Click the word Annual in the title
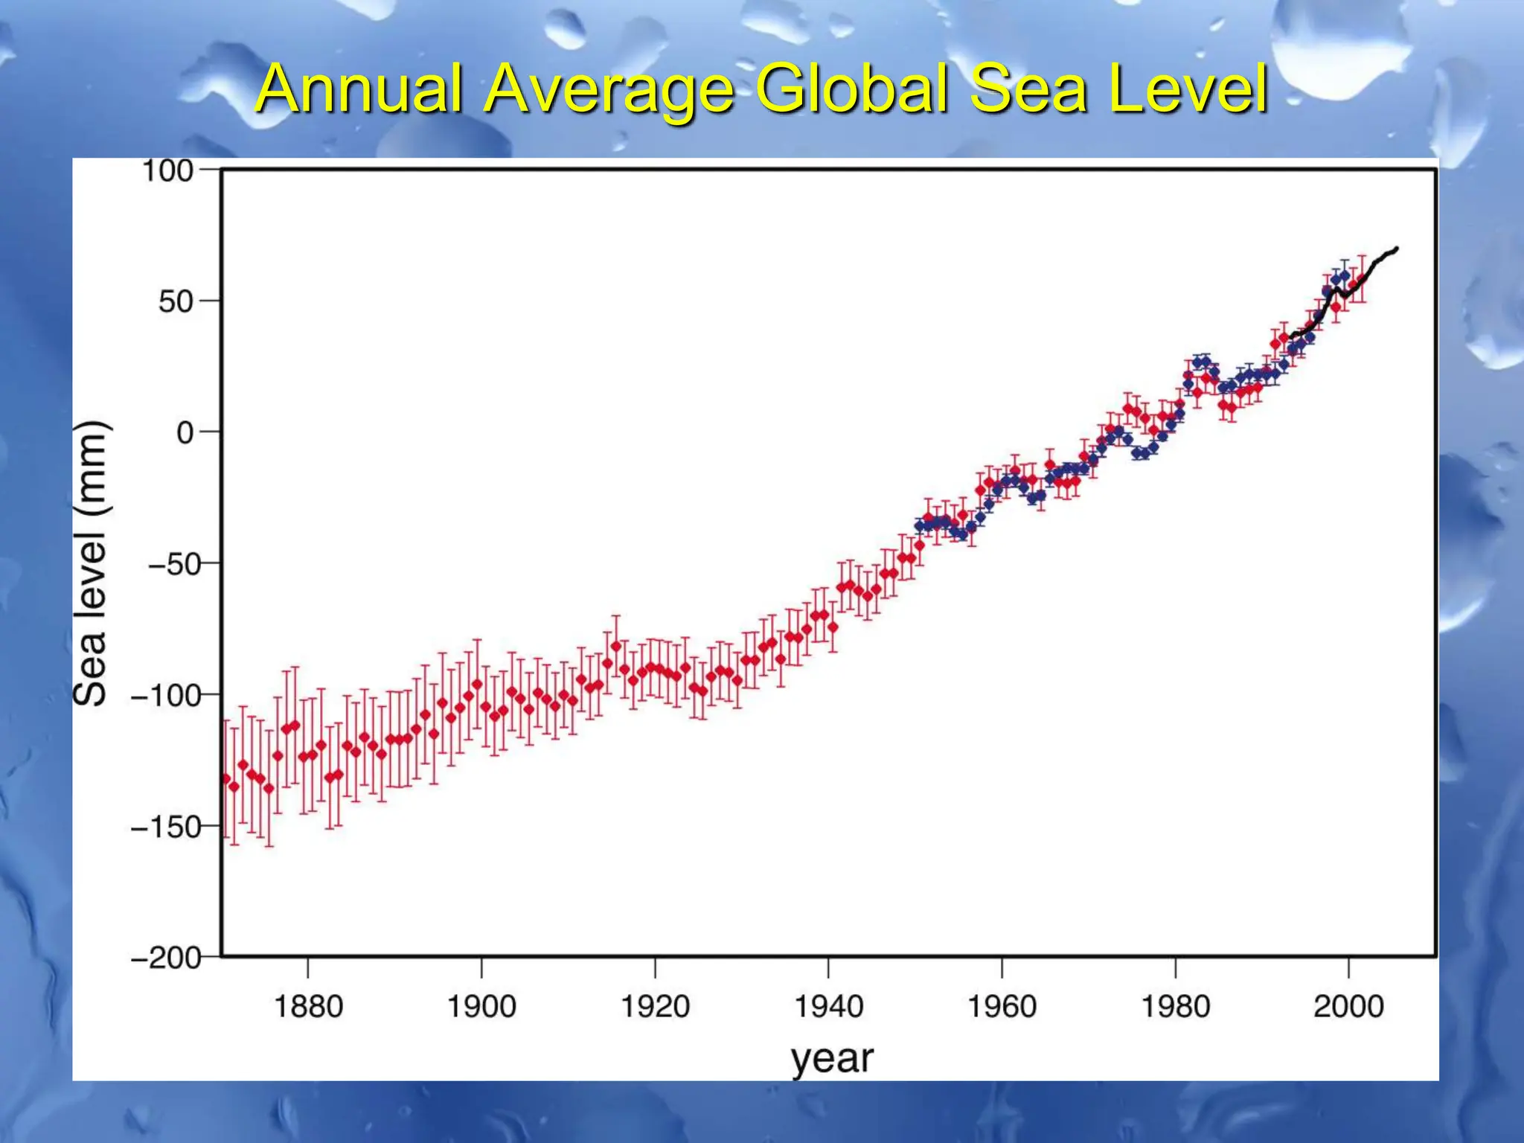(359, 89)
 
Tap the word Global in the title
(852, 89)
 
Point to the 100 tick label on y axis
(167, 171)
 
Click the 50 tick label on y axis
(176, 302)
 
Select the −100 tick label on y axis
(165, 696)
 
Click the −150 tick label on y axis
(165, 827)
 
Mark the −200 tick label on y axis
(165, 958)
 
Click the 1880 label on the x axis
(308, 1007)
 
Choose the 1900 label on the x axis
(481, 1007)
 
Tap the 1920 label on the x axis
(655, 1007)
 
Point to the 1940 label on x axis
(828, 1007)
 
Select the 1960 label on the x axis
(1002, 1007)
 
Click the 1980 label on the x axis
(1175, 1007)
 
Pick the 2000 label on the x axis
(1348, 1007)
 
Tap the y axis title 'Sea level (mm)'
(92, 563)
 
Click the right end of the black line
(1396, 249)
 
